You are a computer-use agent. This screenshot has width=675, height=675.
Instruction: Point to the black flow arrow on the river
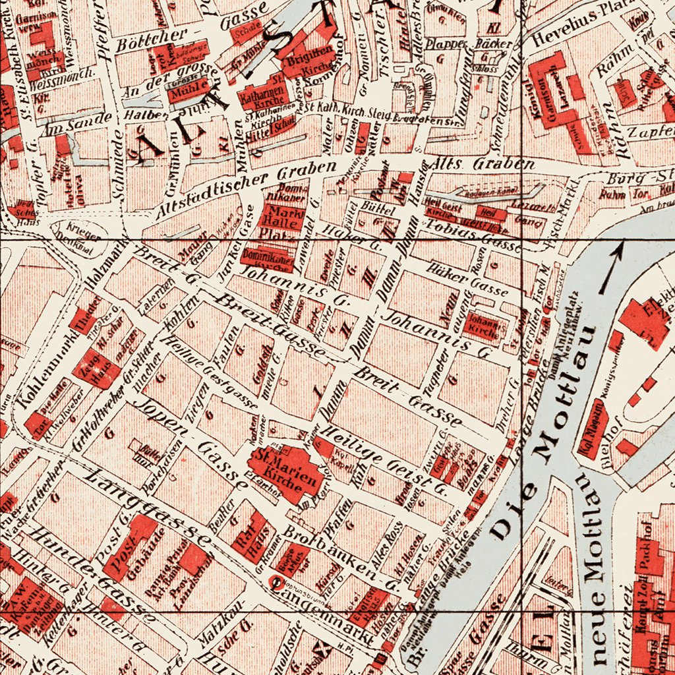point(610,268)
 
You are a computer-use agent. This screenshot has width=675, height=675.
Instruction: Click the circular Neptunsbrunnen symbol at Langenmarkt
point(278,581)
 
